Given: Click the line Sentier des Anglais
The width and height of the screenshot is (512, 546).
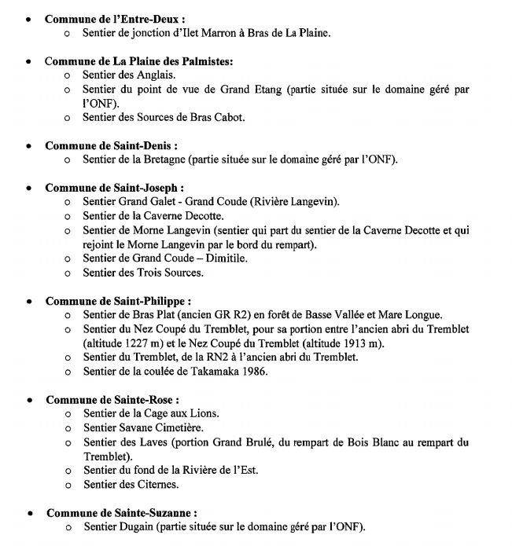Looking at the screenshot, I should [x=130, y=75].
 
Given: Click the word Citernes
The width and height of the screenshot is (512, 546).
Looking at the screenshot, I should [x=156, y=485].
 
